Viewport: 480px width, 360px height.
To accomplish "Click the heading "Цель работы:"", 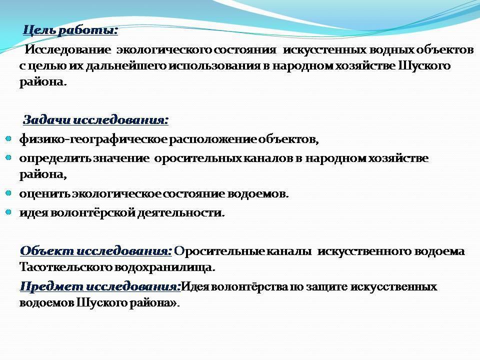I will tap(70, 30).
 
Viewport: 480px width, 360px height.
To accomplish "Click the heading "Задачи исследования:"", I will tap(96, 120).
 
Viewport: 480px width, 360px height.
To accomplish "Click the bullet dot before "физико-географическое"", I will tap(8, 138).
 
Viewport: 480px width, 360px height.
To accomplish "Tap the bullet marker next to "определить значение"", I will tap(8, 157).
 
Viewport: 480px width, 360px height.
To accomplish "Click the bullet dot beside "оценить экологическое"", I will tap(8, 192).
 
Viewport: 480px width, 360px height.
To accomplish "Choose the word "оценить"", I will tap(44, 193).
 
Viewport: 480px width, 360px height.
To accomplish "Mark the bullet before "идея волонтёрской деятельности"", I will tap(8, 212).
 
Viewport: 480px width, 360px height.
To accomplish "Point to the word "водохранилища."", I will tap(168, 267).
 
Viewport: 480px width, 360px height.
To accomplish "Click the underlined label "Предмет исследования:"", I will tap(100, 287).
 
